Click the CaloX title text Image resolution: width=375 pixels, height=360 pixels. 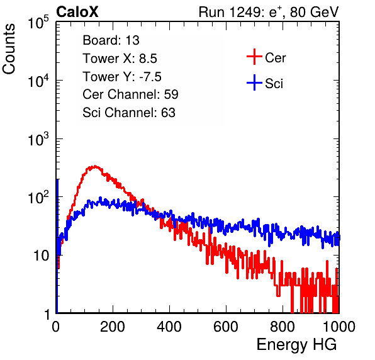pyautogui.click(x=77, y=12)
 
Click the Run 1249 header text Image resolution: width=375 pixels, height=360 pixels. pyautogui.click(x=269, y=12)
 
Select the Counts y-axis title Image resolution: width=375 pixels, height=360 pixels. pyautogui.click(x=9, y=48)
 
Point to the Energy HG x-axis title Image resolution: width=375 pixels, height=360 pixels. pyautogui.click(x=296, y=344)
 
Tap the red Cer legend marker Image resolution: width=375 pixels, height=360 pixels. pyautogui.click(x=254, y=57)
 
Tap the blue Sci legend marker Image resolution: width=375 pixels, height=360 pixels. pyautogui.click(x=254, y=82)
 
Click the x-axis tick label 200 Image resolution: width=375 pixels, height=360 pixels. pyautogui.click(x=113, y=326)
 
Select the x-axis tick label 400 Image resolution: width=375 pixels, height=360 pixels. pyautogui.click(x=169, y=326)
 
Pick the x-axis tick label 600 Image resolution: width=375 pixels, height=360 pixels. pyautogui.click(x=226, y=326)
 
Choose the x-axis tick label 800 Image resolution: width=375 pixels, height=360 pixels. pyautogui.click(x=283, y=326)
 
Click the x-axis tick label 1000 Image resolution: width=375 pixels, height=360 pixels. pyautogui.click(x=339, y=326)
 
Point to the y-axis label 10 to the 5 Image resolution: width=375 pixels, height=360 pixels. pyautogui.click(x=38, y=23)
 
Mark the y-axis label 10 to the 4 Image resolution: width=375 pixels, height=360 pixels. pyautogui.click(x=38, y=81)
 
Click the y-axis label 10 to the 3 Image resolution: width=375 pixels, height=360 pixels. pyautogui.click(x=38, y=139)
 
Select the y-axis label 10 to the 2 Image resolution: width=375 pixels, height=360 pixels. pyautogui.click(x=38, y=198)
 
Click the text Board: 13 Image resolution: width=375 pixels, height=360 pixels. pyautogui.click(x=111, y=40)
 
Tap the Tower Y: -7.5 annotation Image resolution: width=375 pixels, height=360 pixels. pyautogui.click(x=122, y=77)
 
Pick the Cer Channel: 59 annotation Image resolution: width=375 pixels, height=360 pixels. pyautogui.click(x=130, y=94)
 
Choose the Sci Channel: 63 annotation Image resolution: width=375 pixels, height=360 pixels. pyautogui.click(x=129, y=112)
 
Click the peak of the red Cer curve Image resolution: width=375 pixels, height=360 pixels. pyautogui.click(x=95, y=166)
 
